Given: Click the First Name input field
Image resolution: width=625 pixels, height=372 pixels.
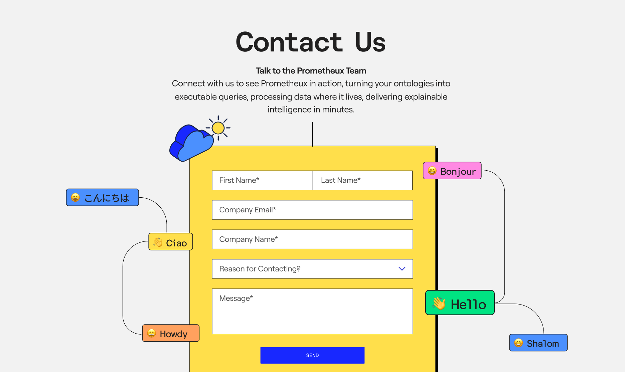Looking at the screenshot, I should [x=262, y=180].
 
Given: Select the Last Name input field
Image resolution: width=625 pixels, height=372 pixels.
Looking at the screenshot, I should [x=362, y=180].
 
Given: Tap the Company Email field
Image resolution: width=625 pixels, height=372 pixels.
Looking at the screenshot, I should [x=312, y=210].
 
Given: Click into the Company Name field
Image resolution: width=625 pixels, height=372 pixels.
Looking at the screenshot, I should [x=312, y=239].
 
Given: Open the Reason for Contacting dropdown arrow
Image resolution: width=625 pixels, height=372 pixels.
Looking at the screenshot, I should [x=402, y=269].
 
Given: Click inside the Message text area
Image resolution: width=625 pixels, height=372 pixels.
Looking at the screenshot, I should [x=312, y=311].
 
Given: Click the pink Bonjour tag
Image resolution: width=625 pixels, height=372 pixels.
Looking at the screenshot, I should [x=452, y=171].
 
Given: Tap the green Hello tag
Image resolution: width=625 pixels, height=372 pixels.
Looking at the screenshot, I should [x=460, y=303].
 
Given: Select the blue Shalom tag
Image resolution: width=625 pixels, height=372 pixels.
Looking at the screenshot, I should [x=538, y=343].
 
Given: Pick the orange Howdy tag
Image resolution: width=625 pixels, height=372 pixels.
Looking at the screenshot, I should [x=171, y=333].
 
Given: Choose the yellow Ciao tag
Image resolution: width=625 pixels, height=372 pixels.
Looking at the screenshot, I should [x=170, y=242].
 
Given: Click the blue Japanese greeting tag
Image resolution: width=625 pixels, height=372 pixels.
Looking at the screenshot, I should [x=102, y=197].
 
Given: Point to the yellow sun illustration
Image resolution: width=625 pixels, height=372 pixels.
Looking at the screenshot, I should [x=218, y=128].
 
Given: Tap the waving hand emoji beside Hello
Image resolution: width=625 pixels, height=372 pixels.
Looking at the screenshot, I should [x=439, y=303].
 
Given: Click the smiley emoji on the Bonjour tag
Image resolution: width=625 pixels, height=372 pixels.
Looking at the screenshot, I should [x=432, y=171].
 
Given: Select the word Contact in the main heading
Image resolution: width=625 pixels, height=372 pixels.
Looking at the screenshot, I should [x=289, y=42].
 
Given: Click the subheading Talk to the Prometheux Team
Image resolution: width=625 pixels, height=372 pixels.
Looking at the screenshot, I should [x=311, y=71].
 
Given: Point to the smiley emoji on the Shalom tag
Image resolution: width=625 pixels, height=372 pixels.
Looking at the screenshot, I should [x=518, y=343].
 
